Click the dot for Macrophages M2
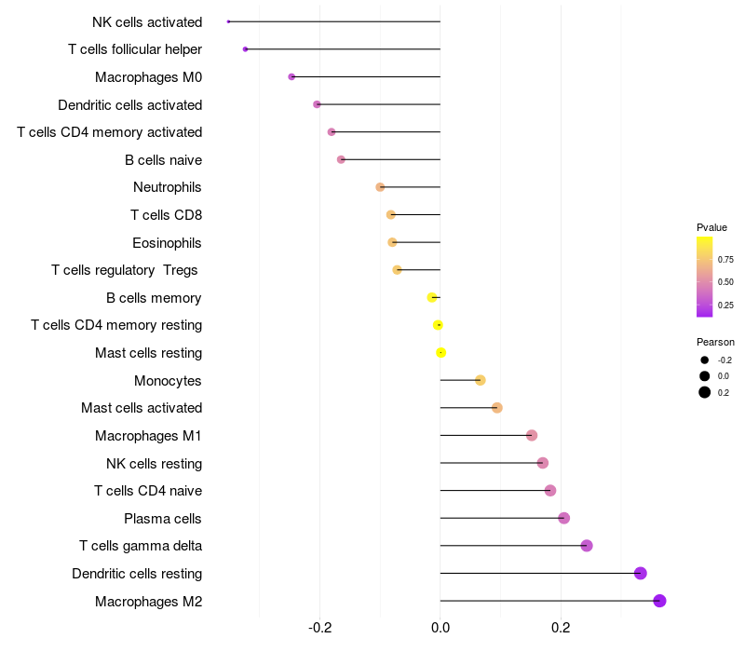tap(660, 601)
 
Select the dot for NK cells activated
tap(228, 21)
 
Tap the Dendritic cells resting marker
tap(641, 573)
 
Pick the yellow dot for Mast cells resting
tap(441, 352)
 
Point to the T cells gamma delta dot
tap(587, 546)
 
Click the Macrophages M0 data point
tap(291, 76)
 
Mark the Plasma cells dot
tap(563, 518)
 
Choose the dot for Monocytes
tap(481, 380)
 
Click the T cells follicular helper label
tap(135, 48)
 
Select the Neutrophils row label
tap(168, 187)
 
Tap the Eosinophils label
tap(168, 242)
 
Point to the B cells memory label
tap(154, 298)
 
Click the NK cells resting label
tap(154, 463)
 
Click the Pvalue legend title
tap(711, 227)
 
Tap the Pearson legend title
tap(715, 342)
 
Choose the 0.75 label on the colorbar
tap(725, 260)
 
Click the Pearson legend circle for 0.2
tap(705, 392)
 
